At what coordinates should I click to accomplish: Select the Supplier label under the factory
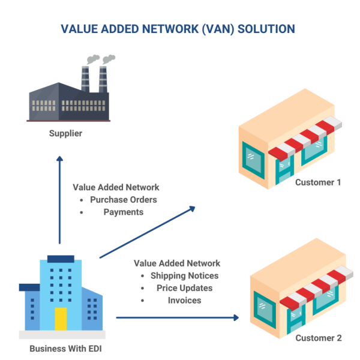(65, 133)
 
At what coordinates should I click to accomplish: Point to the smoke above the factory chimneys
(100, 59)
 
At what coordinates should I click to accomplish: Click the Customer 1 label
(317, 182)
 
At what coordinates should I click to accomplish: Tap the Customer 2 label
(318, 338)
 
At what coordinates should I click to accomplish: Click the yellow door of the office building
(61, 319)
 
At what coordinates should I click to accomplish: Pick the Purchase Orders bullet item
(123, 200)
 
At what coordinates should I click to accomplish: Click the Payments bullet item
(122, 212)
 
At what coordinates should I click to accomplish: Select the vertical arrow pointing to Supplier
(59, 201)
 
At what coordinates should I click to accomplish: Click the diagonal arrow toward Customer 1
(147, 232)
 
